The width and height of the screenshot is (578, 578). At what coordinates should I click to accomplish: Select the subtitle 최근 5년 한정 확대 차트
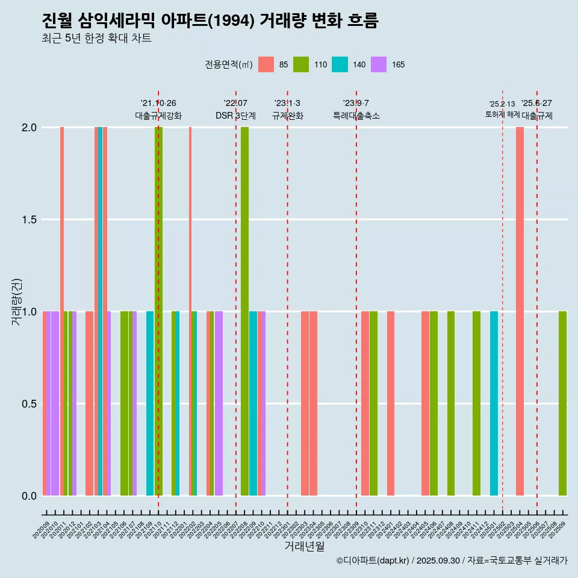click(96, 39)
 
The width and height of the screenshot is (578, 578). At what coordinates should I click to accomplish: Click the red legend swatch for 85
click(266, 64)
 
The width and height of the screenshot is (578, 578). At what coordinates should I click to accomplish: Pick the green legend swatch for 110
click(300, 64)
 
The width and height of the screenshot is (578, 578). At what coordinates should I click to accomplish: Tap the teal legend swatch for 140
click(340, 64)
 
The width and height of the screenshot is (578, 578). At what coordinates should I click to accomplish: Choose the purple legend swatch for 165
click(378, 64)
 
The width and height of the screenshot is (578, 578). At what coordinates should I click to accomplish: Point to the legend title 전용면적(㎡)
click(229, 64)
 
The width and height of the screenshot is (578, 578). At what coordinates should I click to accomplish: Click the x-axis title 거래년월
click(304, 547)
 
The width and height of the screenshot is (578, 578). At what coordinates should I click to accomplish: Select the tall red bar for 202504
click(520, 311)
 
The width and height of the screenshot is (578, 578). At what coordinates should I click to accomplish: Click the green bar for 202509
click(562, 403)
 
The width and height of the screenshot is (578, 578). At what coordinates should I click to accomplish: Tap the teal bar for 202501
click(494, 403)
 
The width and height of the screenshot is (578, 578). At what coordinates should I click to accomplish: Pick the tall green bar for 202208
click(244, 311)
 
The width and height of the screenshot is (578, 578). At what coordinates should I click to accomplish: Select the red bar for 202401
click(391, 403)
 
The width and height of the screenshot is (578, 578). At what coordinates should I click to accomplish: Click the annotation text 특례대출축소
click(356, 116)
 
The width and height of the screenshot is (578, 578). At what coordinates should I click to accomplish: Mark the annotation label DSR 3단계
click(236, 116)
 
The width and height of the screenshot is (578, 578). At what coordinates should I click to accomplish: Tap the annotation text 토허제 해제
click(502, 114)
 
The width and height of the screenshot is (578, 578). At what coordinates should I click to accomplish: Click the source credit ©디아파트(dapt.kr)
click(373, 561)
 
